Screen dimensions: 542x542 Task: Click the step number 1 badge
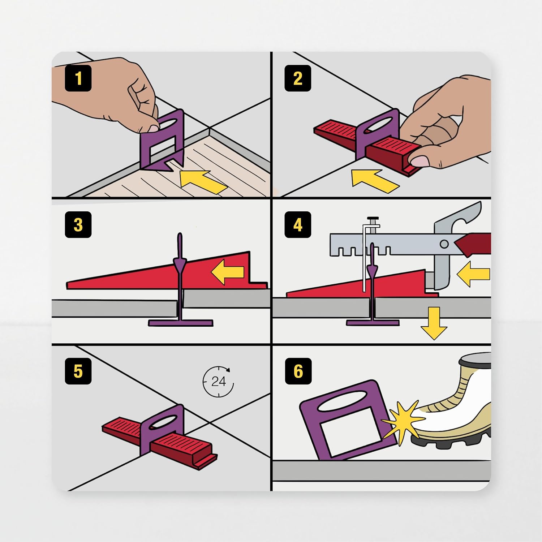[78, 78]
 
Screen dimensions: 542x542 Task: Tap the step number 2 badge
[297, 78]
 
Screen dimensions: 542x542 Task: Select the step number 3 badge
[78, 224]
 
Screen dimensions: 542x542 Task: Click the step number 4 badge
[297, 224]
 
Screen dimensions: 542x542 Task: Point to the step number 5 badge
[78, 371]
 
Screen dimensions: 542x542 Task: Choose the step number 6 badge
[298, 371]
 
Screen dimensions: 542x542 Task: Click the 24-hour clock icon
[218, 382]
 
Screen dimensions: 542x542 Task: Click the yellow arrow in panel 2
[374, 181]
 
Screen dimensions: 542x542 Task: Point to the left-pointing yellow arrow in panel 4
[474, 274]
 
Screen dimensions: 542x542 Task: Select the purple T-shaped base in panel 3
[180, 322]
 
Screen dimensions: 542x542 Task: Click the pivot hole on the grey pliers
[444, 244]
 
